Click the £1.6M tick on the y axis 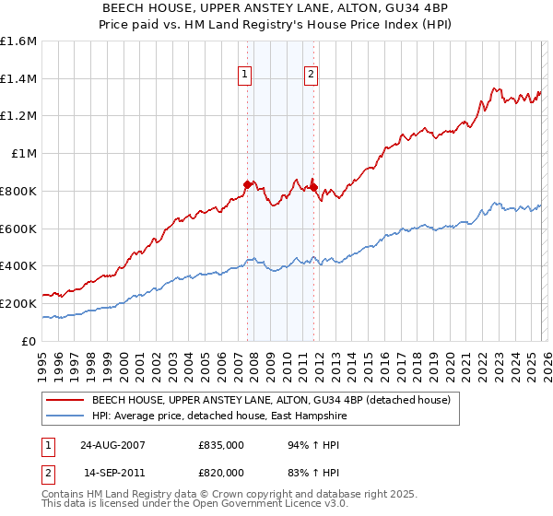(x=18, y=41)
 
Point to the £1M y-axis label (x=24, y=154)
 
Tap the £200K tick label (x=18, y=303)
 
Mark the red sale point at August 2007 (x=247, y=184)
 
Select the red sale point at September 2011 (x=313, y=187)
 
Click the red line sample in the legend (x=65, y=400)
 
